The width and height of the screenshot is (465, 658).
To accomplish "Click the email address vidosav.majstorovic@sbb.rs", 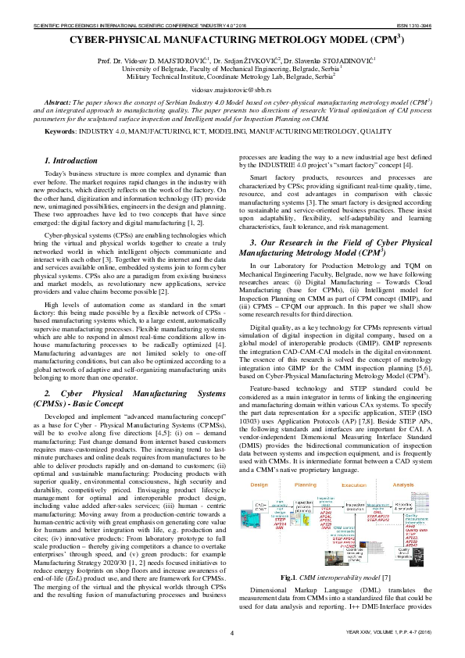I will click(231, 91).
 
